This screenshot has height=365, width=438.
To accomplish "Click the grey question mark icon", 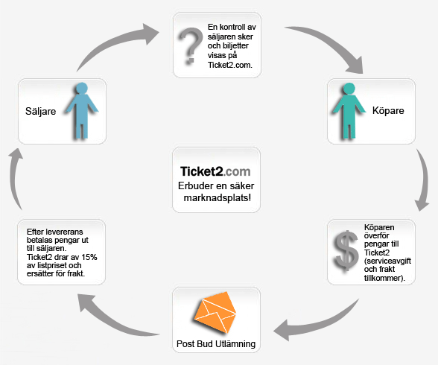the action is point(191,45).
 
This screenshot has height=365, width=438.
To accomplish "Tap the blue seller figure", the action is point(81,110).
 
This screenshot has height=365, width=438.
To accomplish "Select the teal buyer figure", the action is point(349,110).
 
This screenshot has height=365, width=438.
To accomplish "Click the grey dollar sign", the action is point(346,251).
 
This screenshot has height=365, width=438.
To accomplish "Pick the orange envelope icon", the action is point(215,313).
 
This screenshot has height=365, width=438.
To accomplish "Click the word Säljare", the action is point(40,111).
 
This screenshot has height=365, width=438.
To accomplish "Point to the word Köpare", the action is point(388,110).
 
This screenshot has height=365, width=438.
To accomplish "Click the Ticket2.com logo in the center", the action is point(215,171).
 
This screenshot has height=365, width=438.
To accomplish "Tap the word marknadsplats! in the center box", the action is point(218,197).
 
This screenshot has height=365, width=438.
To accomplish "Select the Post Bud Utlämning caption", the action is point(216,344).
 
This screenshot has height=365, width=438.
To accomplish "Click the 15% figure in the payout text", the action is point(89,257).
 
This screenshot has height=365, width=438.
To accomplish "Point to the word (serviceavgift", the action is point(387,261).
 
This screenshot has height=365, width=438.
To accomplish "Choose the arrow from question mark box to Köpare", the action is point(331,42).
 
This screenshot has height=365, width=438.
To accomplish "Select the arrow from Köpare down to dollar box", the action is point(424,179).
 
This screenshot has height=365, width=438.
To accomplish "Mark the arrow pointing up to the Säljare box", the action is point(15,179).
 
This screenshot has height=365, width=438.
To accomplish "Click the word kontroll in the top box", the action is point(232,27).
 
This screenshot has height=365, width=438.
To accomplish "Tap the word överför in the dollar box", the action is point(376,235).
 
